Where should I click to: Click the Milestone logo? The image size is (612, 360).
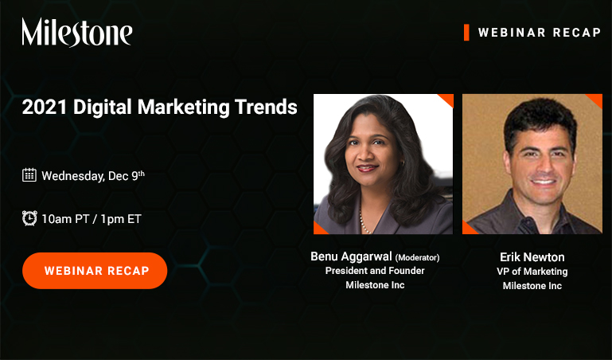(77, 33)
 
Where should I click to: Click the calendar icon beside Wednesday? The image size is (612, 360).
(29, 175)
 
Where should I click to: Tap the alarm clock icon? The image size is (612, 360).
(29, 217)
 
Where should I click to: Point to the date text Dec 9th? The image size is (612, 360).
(126, 175)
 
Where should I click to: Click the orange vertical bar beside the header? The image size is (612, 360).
(466, 32)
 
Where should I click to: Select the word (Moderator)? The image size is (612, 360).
(418, 257)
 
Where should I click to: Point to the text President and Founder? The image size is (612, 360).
(375, 271)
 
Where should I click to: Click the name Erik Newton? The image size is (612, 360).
(532, 256)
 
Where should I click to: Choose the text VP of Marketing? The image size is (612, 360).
(532, 272)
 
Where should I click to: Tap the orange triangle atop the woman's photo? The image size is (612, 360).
(446, 100)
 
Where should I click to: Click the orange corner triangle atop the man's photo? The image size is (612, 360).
(594, 100)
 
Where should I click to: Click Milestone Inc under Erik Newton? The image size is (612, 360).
(532, 286)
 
